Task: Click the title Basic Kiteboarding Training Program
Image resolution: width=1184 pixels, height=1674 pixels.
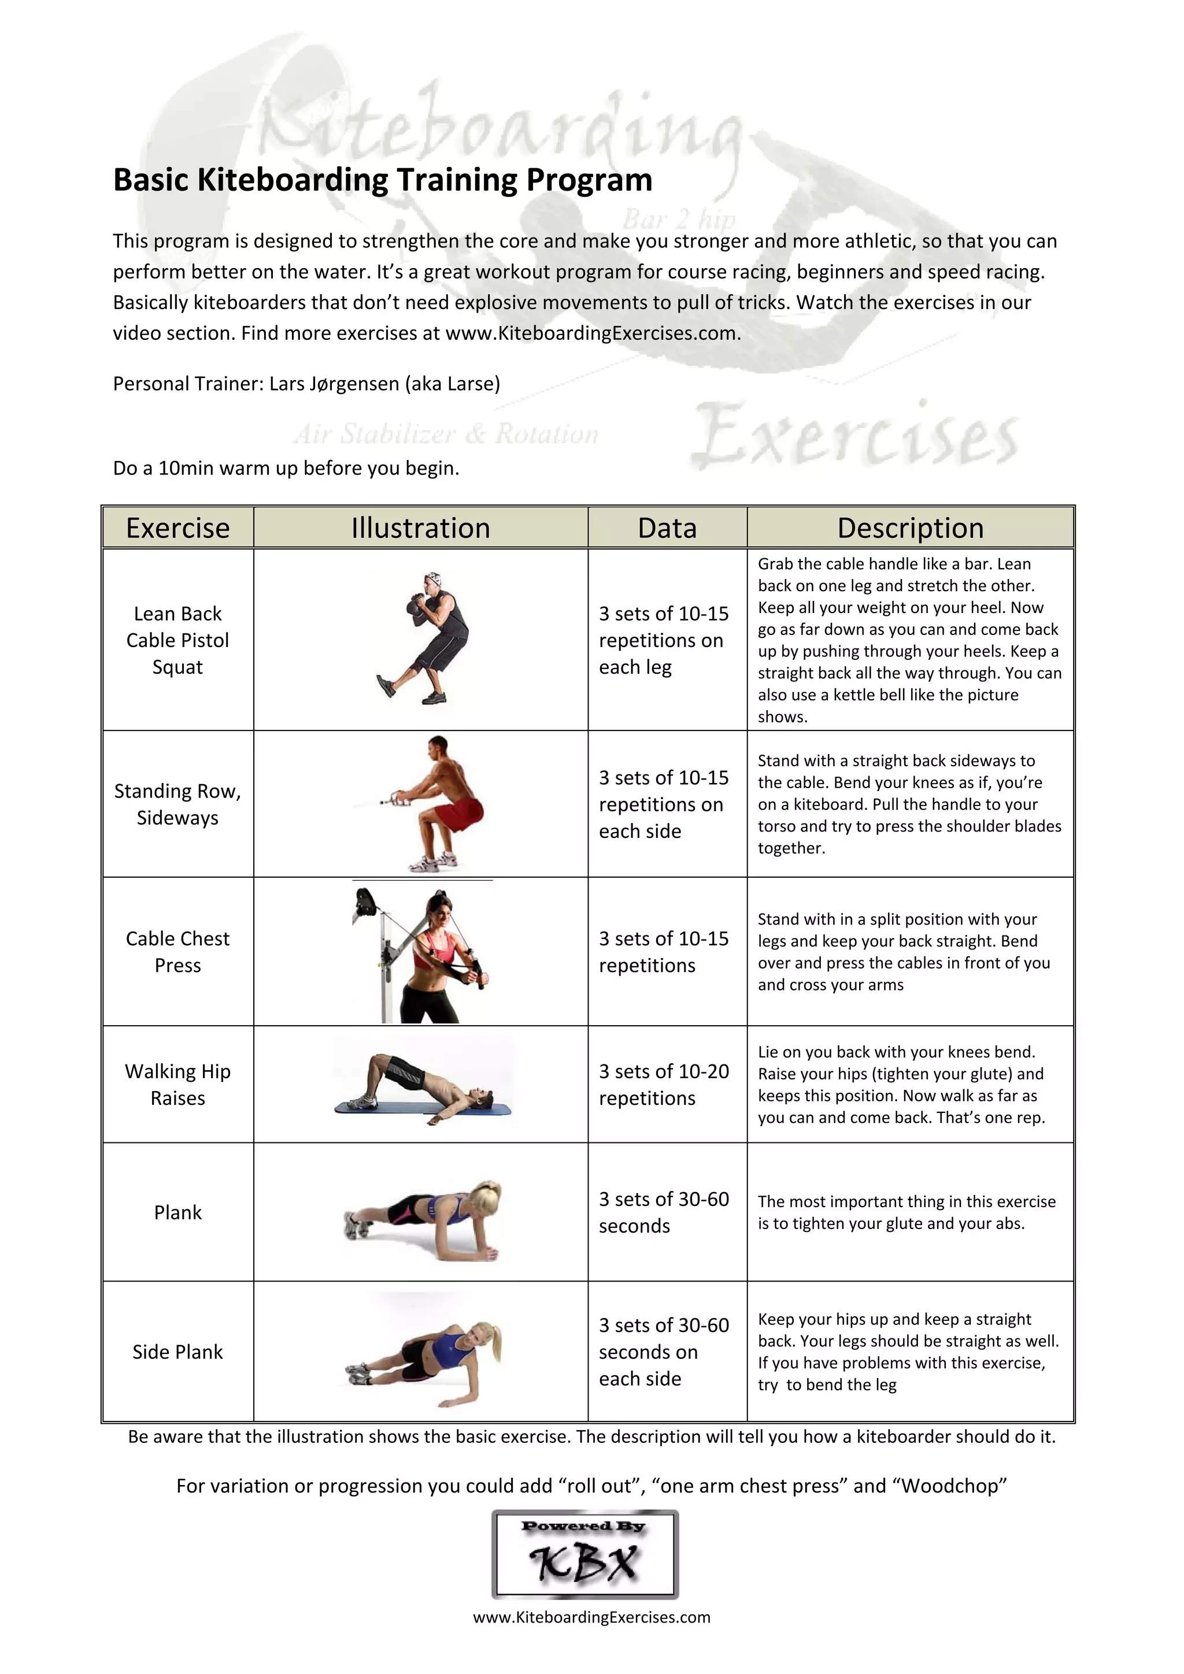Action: pos(382,180)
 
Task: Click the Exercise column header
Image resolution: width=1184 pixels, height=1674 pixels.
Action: pos(177,528)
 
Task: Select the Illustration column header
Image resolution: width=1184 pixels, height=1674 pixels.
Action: pos(420,528)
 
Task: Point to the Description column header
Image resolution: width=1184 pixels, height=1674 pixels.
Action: pos(910,528)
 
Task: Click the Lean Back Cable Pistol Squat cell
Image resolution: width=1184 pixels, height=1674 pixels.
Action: pos(177,640)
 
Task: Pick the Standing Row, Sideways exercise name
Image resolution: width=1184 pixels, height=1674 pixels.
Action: pos(177,804)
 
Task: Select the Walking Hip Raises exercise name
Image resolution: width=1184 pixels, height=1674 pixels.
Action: pos(177,1084)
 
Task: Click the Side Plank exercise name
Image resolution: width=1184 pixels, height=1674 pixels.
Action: pos(177,1352)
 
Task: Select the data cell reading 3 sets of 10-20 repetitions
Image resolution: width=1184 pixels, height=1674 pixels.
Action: pos(664,1084)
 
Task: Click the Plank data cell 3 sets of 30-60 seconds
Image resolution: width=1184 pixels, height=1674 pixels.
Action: pos(664,1212)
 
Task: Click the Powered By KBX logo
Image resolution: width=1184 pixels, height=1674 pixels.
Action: pos(585,1554)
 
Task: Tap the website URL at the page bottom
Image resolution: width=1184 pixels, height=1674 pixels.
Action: pos(591,1617)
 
